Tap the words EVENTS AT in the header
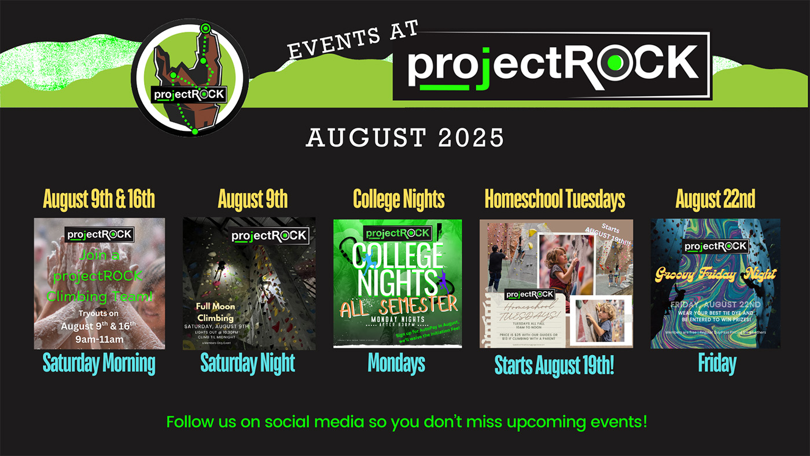point(353,41)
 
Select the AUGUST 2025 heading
point(405,138)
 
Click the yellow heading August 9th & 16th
point(99,200)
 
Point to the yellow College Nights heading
point(399,200)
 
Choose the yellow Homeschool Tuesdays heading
point(555,200)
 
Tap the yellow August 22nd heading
point(715,200)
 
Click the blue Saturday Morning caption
point(99,363)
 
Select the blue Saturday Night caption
point(248,363)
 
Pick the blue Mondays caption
point(397,363)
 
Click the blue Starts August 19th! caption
point(554,366)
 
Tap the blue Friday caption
point(717,363)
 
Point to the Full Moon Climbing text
point(215,312)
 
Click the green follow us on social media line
point(406,421)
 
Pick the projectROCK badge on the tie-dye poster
point(716,246)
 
